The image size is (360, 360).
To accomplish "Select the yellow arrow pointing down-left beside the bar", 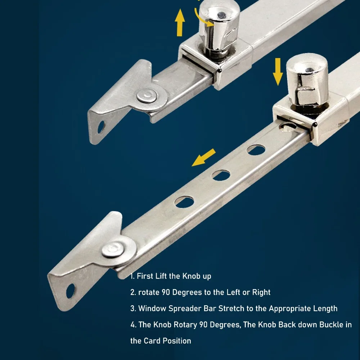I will [204, 158].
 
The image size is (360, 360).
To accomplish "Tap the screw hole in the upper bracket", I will [101, 126].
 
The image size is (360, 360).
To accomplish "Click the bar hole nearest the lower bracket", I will [184, 201].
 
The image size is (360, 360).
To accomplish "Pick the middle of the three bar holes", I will [221, 175].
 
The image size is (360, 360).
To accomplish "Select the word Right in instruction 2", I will [261, 292].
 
